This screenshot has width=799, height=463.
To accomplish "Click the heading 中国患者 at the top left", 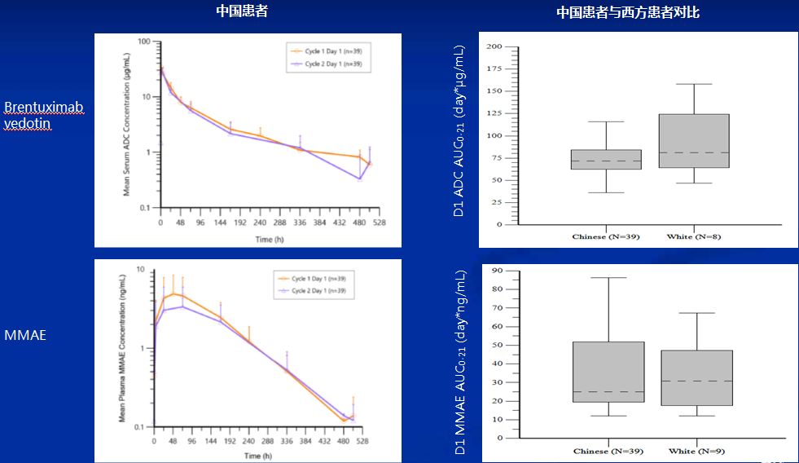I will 242,11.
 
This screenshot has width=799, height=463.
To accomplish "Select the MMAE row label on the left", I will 25,333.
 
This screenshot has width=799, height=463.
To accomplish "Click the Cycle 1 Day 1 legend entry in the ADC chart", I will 332,51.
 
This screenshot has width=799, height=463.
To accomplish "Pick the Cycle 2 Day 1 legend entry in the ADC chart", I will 332,64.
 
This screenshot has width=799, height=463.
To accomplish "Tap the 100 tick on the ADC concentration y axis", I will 146,42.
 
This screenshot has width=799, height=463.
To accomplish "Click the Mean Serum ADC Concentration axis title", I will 128,125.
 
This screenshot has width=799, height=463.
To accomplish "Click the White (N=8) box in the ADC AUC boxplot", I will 694,141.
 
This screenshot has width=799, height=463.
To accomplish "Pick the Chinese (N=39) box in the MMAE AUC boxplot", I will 609,372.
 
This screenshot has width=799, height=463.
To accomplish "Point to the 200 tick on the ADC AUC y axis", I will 493,47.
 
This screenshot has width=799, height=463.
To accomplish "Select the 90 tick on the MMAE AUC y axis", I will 497,271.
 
